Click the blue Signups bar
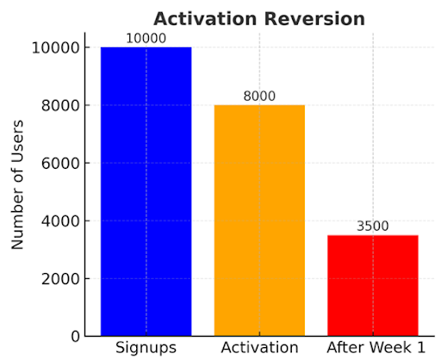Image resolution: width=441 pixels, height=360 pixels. [146, 191]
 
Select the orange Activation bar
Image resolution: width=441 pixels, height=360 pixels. [259, 220]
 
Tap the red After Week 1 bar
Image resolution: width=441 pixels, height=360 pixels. [373, 285]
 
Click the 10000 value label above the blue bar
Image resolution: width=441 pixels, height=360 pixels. [146, 39]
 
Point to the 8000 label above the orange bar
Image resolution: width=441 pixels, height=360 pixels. [259, 96]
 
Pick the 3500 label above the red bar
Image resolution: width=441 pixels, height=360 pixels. [373, 227]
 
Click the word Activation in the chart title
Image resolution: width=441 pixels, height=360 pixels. [202, 18]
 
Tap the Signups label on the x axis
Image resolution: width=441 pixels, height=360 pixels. [146, 347]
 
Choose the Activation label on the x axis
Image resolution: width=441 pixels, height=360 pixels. [259, 347]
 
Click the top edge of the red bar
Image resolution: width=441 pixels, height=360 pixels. [373, 235]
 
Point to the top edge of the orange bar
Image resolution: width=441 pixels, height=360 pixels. [259, 105]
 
